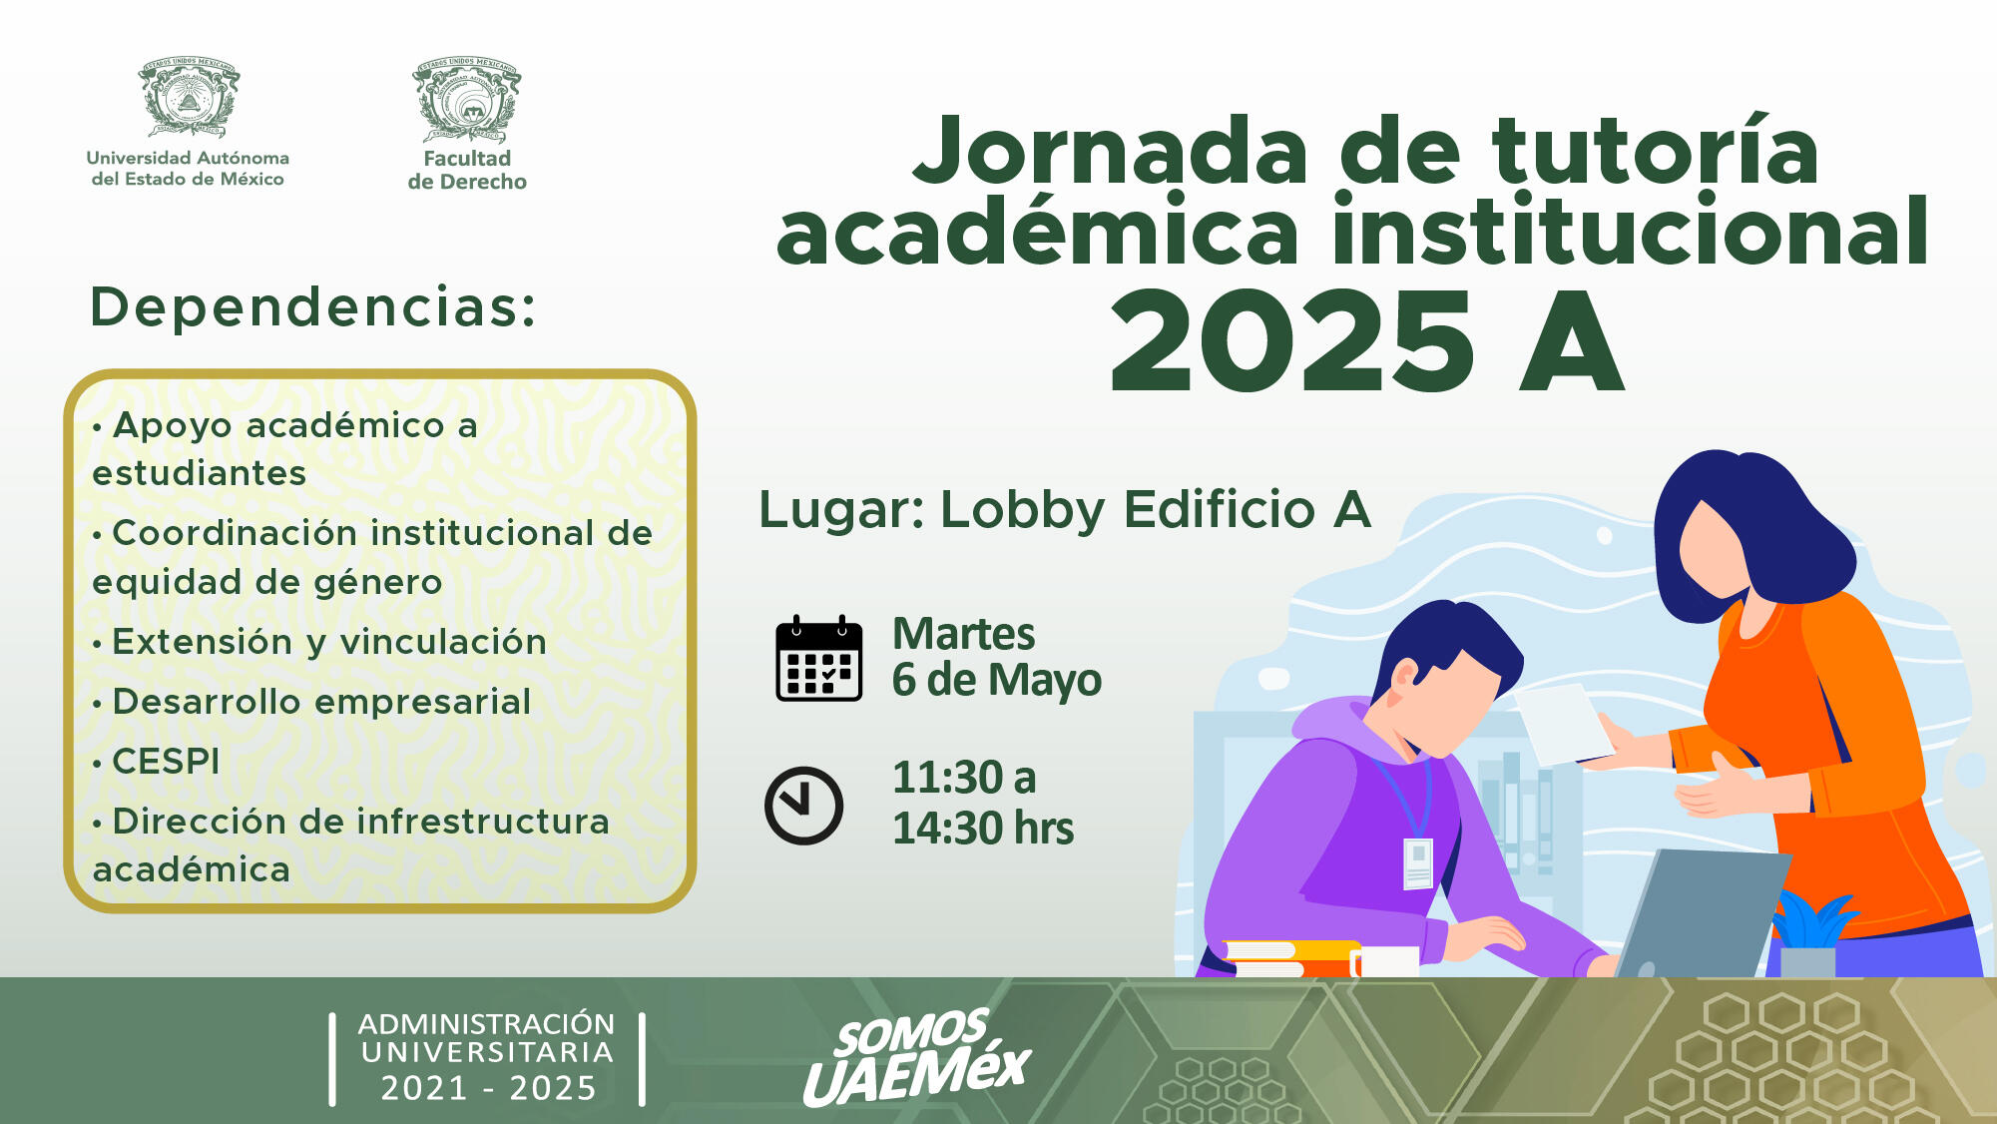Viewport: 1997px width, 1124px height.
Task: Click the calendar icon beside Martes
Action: tap(819, 659)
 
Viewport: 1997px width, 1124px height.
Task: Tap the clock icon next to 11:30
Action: tap(803, 806)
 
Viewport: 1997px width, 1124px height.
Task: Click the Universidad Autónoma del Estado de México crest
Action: tap(189, 96)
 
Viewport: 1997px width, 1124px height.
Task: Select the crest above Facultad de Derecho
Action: tap(467, 99)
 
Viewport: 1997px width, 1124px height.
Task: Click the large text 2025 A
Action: tap(1366, 341)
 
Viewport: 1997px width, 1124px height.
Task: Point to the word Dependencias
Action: tap(312, 306)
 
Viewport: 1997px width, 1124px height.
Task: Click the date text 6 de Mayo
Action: tap(997, 680)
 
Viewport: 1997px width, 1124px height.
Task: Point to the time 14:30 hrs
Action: tap(983, 829)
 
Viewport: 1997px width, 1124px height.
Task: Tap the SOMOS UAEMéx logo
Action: tap(916, 1057)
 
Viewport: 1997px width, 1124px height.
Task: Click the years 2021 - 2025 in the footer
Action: tap(488, 1087)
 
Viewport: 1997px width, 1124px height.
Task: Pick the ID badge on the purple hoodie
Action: tap(1418, 863)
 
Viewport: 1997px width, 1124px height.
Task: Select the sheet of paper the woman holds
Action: tap(1564, 724)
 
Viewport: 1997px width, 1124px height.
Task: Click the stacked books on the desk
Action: tap(1290, 958)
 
